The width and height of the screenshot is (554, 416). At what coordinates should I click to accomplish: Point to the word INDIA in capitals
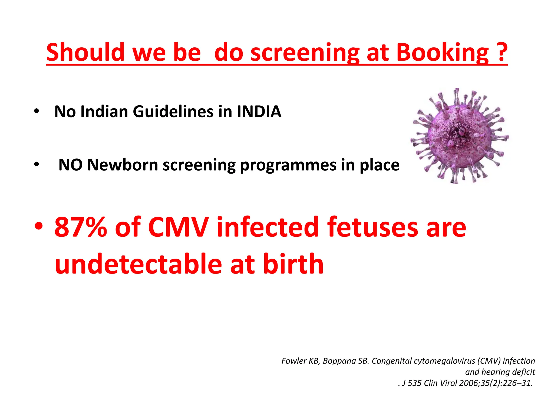tap(259, 111)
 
